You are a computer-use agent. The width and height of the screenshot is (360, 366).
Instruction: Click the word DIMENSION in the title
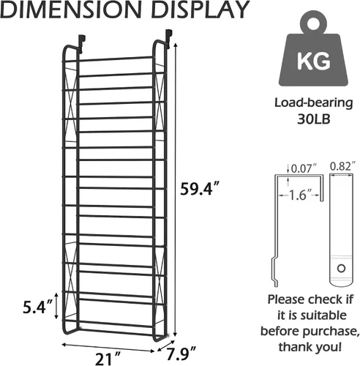coord(71,10)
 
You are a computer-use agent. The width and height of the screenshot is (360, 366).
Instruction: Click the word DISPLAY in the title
coord(200,10)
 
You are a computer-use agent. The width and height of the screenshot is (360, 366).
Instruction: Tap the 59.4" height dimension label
coord(198,189)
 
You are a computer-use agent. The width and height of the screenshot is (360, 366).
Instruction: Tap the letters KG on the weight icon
coord(314,61)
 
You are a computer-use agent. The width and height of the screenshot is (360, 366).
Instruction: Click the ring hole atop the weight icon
coord(313,24)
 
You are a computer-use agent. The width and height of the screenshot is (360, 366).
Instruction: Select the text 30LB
coord(314,119)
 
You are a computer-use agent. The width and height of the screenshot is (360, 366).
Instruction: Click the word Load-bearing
coord(314,103)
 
